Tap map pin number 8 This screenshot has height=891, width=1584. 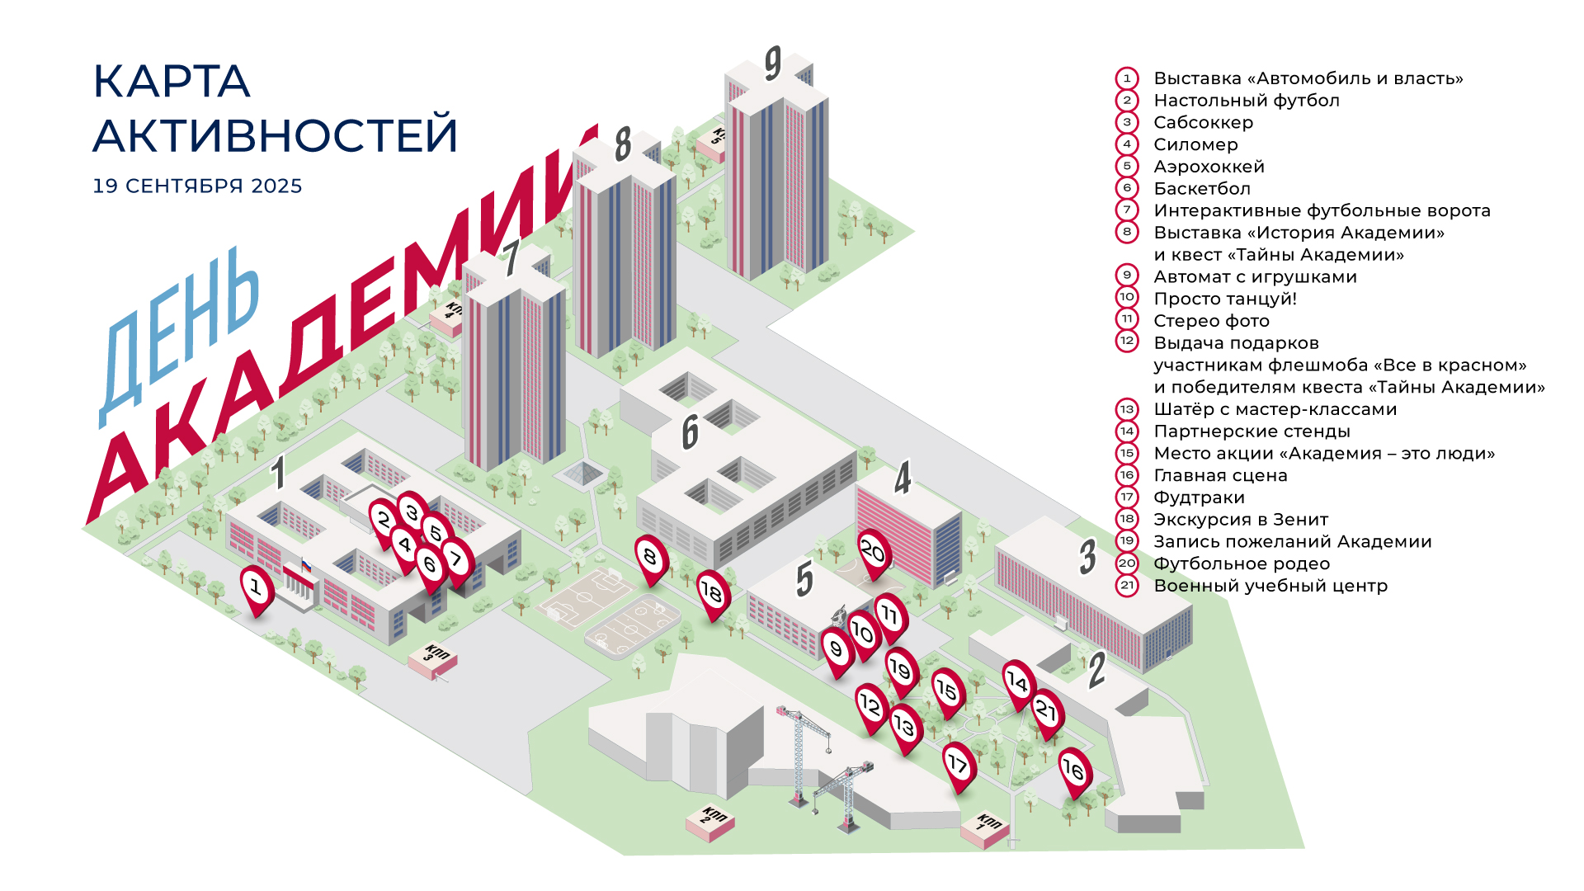click(x=650, y=558)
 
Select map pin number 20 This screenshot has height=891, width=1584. click(x=872, y=551)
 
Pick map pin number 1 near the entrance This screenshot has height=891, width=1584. click(x=256, y=588)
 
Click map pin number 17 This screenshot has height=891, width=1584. click(x=958, y=764)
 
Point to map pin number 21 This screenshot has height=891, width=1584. click(x=1046, y=710)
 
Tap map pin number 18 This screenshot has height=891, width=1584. click(x=711, y=592)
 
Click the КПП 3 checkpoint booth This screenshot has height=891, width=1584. click(x=433, y=660)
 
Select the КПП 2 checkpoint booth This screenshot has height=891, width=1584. click(x=710, y=821)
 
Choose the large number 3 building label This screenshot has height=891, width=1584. click(x=1088, y=557)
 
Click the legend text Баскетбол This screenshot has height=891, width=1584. click(x=1202, y=188)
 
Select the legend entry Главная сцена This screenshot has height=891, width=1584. click(x=1220, y=475)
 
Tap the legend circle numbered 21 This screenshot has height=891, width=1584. click(x=1127, y=586)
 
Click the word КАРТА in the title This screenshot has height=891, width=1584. click(x=172, y=81)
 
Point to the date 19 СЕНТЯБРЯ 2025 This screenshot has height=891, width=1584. click(x=197, y=186)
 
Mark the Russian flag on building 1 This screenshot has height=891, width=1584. click(x=306, y=566)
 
